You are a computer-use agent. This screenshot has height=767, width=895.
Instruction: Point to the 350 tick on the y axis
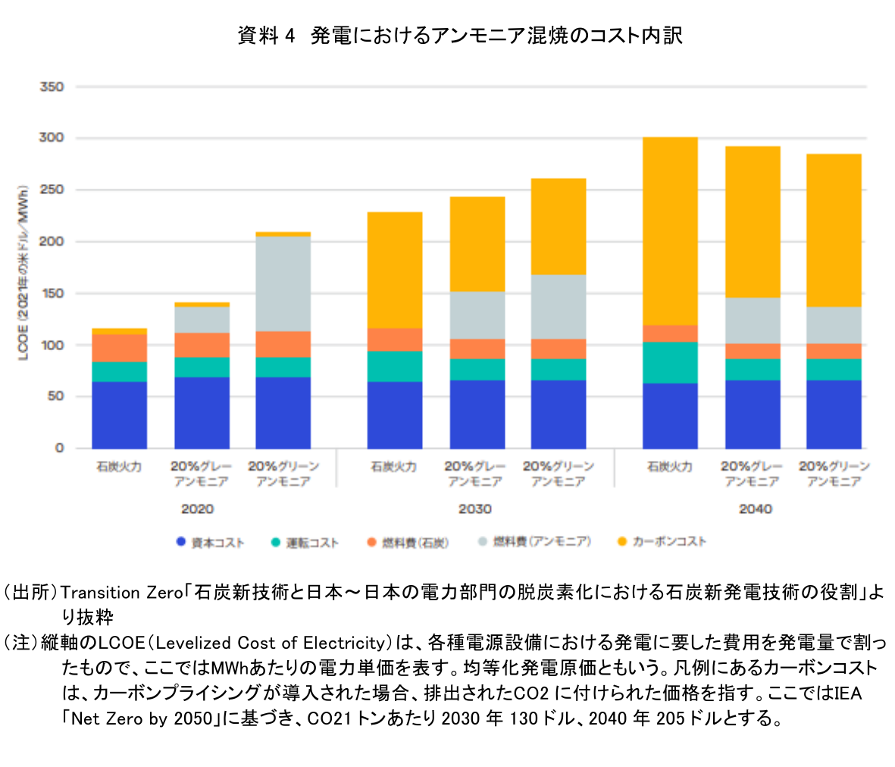(52, 87)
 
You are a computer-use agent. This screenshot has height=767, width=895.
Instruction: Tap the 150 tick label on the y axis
(52, 293)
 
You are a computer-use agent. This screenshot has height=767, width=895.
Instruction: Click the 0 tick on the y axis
(58, 448)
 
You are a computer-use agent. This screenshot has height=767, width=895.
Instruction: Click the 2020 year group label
(197, 509)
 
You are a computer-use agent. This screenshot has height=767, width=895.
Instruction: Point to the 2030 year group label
(474, 509)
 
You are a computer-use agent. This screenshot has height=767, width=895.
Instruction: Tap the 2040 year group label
(755, 509)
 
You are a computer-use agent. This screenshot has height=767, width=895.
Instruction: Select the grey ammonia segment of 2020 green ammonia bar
(283, 283)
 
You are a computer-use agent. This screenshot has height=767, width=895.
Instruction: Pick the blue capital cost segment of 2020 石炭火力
(119, 415)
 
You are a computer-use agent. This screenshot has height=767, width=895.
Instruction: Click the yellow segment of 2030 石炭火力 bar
(394, 270)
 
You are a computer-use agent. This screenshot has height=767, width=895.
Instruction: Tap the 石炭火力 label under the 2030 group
(393, 467)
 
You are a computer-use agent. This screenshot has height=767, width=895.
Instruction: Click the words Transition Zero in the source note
(121, 592)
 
